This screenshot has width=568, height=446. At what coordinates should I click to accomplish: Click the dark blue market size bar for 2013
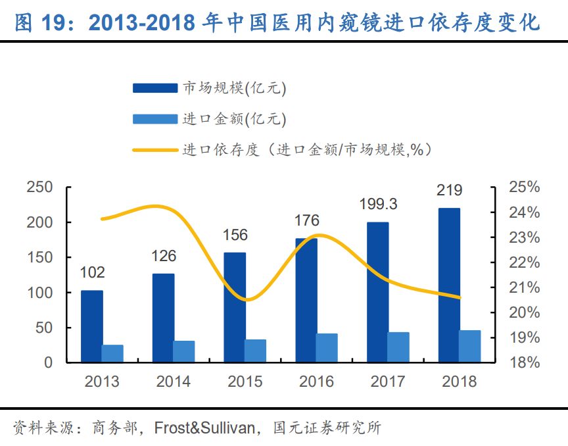click(x=92, y=326)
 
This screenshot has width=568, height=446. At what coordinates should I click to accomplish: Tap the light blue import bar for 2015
click(x=255, y=351)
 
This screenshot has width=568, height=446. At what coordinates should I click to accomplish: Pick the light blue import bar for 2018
click(x=469, y=346)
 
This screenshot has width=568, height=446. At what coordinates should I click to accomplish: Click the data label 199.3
click(x=378, y=205)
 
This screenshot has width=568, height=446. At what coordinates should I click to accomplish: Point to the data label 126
click(x=163, y=256)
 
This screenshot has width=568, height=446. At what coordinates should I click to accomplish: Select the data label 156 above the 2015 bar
click(x=235, y=235)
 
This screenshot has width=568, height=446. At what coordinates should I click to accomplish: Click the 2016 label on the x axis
click(x=316, y=382)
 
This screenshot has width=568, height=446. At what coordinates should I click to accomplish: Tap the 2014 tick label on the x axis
click(x=174, y=382)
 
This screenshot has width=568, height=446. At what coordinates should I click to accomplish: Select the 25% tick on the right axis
click(x=524, y=187)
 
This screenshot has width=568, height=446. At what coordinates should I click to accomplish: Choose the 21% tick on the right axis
click(x=524, y=287)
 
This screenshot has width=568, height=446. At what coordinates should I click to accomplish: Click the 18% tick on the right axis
click(x=524, y=362)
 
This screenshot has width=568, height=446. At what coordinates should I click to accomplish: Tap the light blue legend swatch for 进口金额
click(x=154, y=119)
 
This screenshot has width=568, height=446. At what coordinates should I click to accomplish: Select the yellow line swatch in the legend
click(x=154, y=150)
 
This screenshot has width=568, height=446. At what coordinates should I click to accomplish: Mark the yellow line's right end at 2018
click(x=460, y=297)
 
